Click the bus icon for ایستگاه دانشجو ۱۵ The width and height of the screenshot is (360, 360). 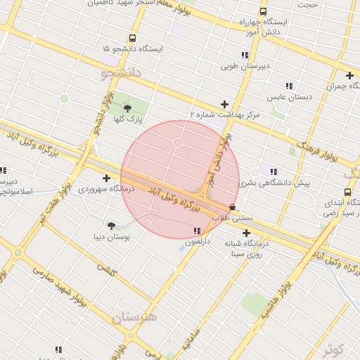click(x=133, y=39)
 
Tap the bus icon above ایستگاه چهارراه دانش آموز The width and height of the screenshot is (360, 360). click(x=263, y=11)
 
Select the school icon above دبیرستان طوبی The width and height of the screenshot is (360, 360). click(x=245, y=55)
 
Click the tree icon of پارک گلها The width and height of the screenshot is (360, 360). click(x=127, y=108)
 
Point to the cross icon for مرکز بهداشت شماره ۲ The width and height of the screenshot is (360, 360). click(x=224, y=104)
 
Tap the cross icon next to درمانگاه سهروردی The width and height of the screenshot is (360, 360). click(x=106, y=178)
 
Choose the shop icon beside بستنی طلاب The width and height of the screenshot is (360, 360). click(x=233, y=207)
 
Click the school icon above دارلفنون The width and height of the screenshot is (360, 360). click(x=197, y=231)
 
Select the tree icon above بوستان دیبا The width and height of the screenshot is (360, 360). click(x=111, y=225)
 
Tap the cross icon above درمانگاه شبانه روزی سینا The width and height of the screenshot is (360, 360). click(x=246, y=233)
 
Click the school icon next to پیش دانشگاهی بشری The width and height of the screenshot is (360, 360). click(x=274, y=172)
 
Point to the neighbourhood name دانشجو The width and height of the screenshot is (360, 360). click(x=121, y=72)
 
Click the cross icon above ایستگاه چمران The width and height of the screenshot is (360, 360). click(x=349, y=75)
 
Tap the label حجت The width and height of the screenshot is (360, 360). click(x=307, y=5)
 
